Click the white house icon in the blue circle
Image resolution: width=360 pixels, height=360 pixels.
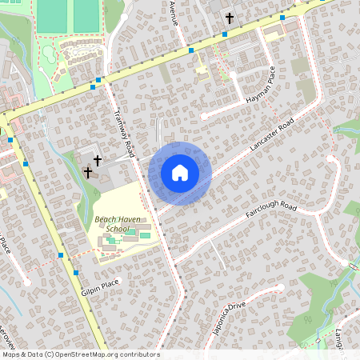pos(180,173)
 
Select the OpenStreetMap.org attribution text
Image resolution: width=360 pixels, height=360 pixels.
pos(104,354)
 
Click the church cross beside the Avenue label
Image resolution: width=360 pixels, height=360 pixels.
pos(229,17)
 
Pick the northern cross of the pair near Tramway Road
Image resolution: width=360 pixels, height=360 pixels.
pos(98,161)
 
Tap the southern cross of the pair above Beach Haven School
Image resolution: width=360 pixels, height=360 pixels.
pos(88,172)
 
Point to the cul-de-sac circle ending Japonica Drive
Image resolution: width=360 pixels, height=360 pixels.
pos(281,286)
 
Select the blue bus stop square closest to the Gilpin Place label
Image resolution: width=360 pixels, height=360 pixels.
pos(75,272)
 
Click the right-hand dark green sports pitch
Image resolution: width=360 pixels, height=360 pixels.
pos(85,15)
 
